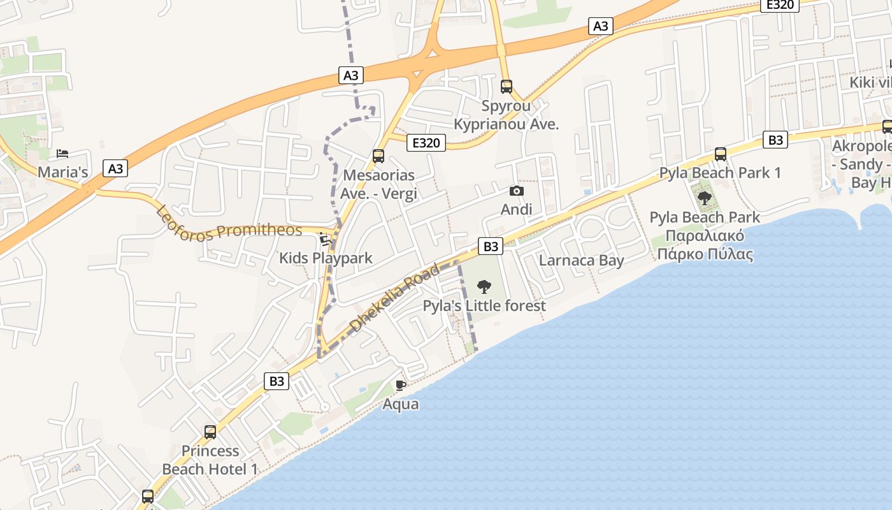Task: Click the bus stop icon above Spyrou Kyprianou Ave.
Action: (x=507, y=86)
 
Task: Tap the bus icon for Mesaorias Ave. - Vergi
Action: (x=378, y=156)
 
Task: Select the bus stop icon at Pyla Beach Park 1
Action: (x=721, y=154)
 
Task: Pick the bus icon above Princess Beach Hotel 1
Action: (x=210, y=432)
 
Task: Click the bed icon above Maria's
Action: (x=62, y=154)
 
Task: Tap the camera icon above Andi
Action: (x=517, y=191)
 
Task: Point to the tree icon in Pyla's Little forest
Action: (x=484, y=287)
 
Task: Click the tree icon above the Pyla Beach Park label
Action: (x=705, y=198)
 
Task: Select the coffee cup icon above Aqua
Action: (x=401, y=385)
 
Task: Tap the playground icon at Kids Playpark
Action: (x=325, y=240)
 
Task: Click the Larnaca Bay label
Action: (x=581, y=260)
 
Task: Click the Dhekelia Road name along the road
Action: (x=394, y=298)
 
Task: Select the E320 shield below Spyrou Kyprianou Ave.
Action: (x=426, y=143)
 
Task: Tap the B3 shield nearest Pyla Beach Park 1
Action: (x=775, y=140)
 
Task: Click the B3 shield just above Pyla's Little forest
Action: (x=491, y=246)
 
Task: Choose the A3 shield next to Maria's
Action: (x=115, y=169)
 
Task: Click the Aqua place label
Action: (x=401, y=404)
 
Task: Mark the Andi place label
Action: (x=517, y=210)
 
